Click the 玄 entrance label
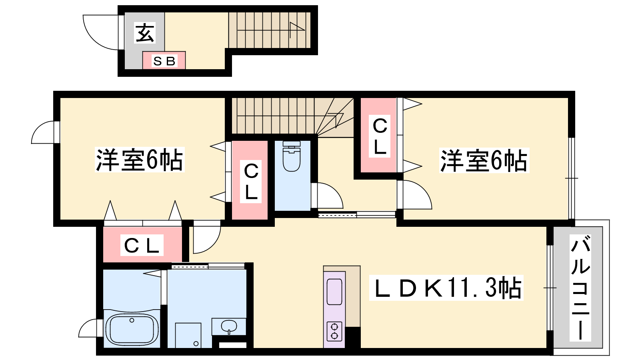(145, 32)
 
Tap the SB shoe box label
(164, 61)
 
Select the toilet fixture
(292, 156)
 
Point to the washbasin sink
(229, 326)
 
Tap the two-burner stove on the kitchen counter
(334, 332)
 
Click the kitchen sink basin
(334, 292)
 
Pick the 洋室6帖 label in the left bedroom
(140, 160)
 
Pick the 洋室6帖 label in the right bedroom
(484, 160)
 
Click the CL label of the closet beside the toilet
(251, 182)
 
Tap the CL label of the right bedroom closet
(380, 136)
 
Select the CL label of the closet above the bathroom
(142, 245)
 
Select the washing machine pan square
(188, 336)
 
